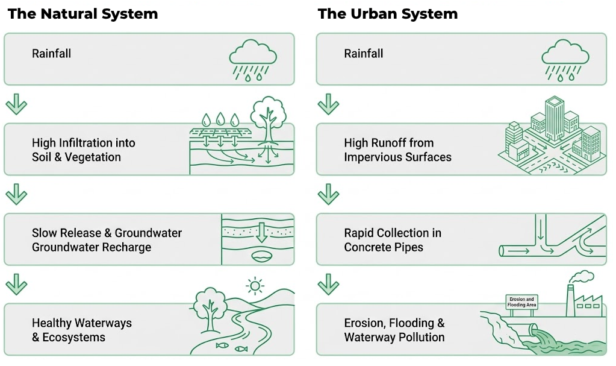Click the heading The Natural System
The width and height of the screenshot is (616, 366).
point(82,14)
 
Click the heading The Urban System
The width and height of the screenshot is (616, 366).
point(387,14)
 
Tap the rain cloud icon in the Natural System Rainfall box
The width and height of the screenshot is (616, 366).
point(253,60)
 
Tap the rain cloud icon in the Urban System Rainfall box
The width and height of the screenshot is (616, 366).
point(565,60)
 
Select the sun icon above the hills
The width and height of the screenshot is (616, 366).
point(255,285)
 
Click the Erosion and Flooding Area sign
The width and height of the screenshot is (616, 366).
point(521,301)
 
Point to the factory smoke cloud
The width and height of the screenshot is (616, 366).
point(581,277)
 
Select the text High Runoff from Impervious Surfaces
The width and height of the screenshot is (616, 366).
point(397,150)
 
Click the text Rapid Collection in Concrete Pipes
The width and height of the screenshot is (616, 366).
point(393,240)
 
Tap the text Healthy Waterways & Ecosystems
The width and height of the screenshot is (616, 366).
point(82,330)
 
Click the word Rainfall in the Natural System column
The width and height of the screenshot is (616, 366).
point(51,54)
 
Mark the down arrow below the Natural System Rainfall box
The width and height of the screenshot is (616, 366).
point(16,104)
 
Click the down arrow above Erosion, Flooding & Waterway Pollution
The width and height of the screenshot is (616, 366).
point(328,283)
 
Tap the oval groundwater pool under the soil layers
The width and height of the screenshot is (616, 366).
point(261,257)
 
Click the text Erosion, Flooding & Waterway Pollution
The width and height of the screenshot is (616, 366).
point(394,330)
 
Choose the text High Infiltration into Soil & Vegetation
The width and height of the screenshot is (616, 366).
point(83,150)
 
